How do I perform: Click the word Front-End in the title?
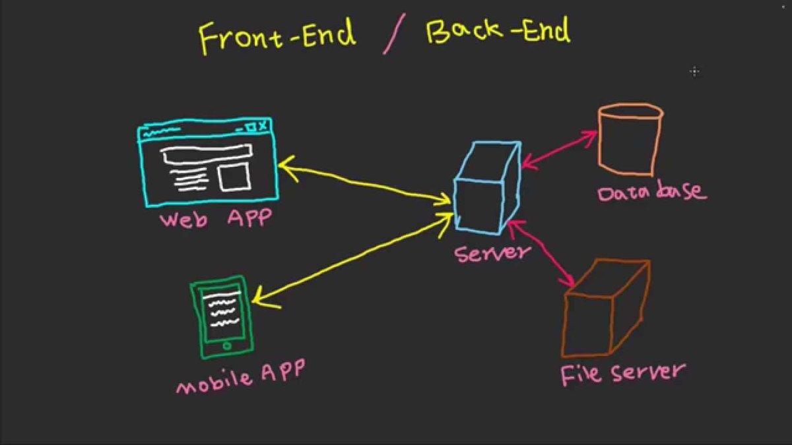tap(277, 36)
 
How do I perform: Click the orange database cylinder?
tap(629, 139)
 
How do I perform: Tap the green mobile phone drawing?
tap(221, 316)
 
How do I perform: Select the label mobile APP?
tap(240, 376)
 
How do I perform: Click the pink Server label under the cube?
tap(492, 251)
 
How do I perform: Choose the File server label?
tap(621, 373)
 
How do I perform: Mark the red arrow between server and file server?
tap(541, 254)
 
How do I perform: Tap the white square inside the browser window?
tap(234, 177)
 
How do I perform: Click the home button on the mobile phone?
tap(227, 345)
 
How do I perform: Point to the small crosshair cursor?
tap(694, 71)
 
